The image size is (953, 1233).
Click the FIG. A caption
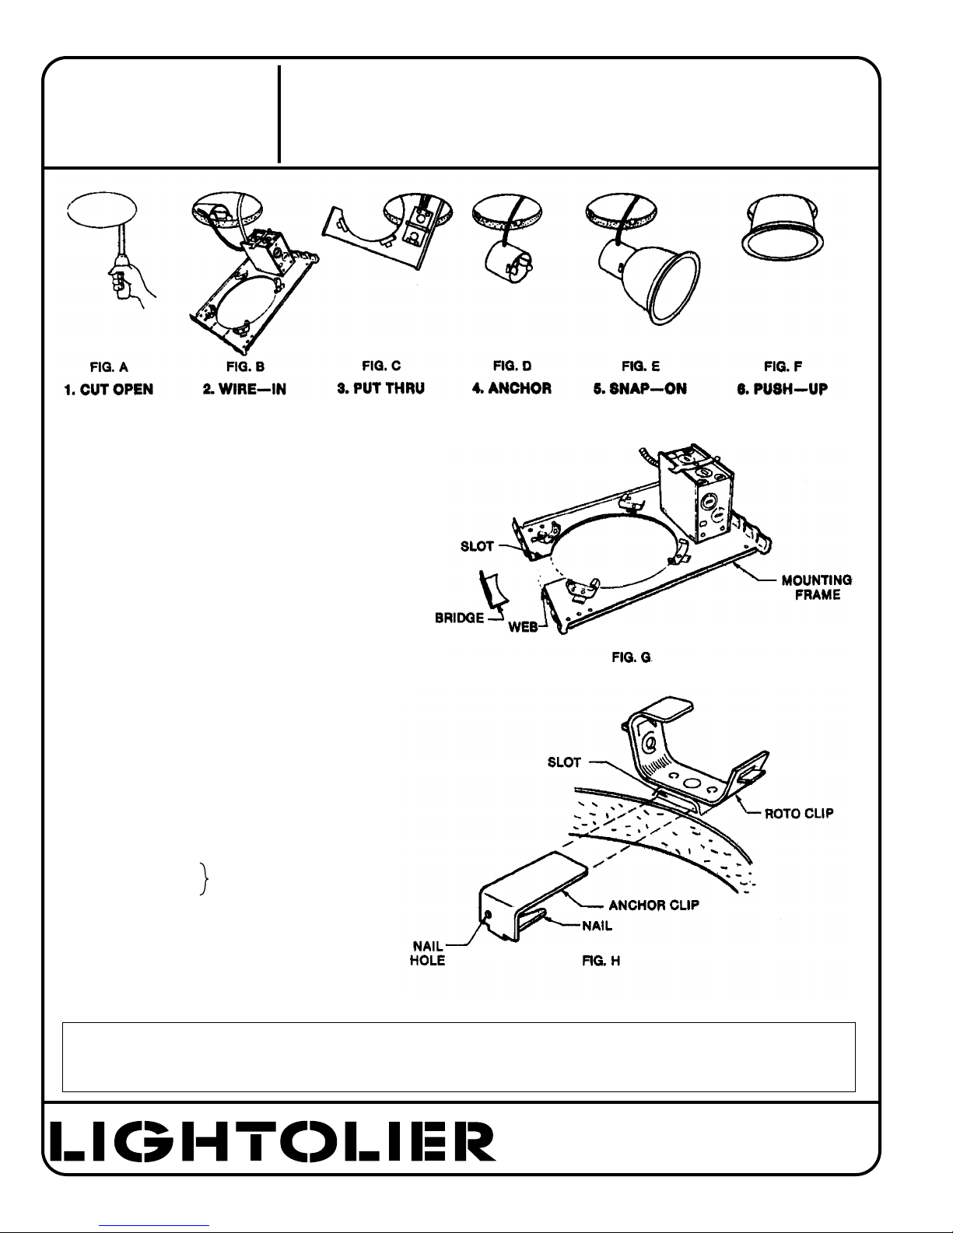coord(109,367)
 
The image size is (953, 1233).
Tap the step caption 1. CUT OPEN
coord(108,390)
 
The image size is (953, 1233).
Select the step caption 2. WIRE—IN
coord(244,389)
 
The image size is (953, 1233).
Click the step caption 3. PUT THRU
coord(380,389)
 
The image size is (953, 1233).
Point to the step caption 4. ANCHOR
coord(512,389)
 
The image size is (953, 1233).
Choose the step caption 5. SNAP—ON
coord(639,389)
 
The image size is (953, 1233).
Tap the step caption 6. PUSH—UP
coord(783,389)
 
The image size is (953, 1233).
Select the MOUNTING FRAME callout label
coord(817,587)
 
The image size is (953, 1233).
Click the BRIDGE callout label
coord(460,618)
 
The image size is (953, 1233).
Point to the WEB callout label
coord(523,627)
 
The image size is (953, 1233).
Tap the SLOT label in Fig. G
coord(477,546)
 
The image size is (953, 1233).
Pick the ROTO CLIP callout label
coord(799,814)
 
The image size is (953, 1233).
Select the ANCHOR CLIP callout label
coord(653,905)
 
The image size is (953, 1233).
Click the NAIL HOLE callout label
coord(428,953)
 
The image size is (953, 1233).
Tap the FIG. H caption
coord(601,961)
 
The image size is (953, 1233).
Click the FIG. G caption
coord(632,657)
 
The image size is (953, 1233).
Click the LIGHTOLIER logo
coord(273,1141)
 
